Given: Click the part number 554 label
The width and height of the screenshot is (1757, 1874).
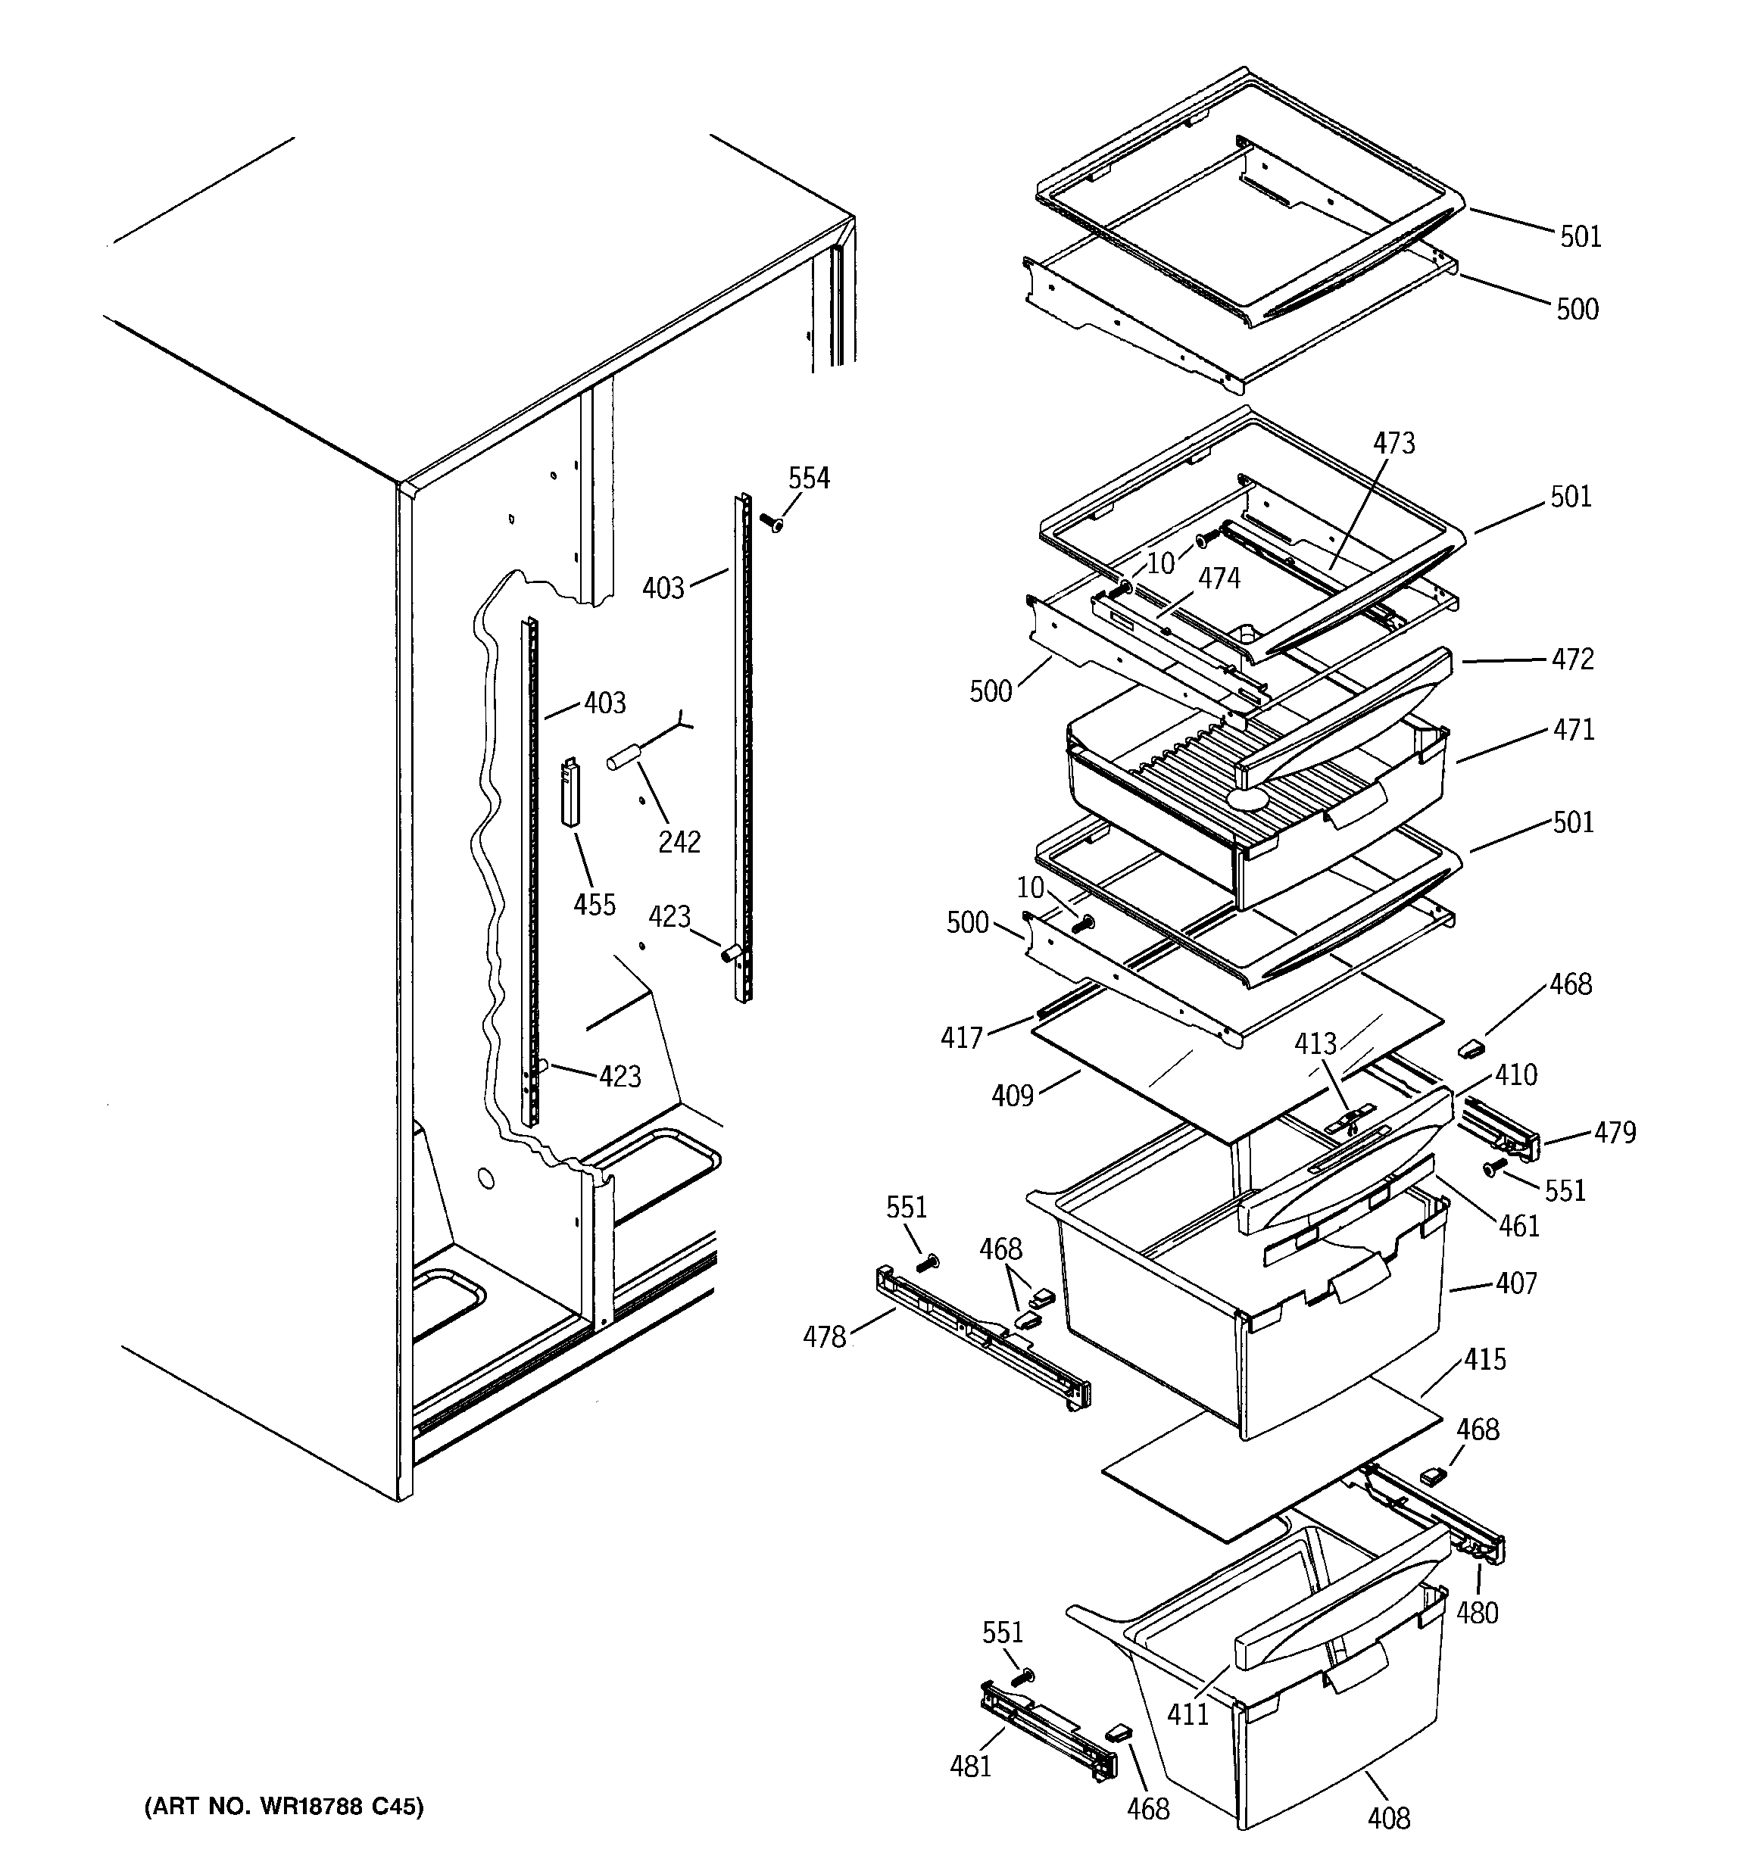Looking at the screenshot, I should coord(808,479).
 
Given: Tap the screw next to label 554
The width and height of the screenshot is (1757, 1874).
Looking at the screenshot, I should coord(770,521).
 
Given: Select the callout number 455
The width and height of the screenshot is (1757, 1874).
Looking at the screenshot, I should coord(595,905).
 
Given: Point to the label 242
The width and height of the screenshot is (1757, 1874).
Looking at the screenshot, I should coord(679,842).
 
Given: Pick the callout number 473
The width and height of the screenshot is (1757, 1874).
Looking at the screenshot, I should coord(1394,443).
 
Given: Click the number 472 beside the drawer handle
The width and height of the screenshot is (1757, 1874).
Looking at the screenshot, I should coord(1573,659).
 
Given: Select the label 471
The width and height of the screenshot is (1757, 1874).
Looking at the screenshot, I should coord(1573,730).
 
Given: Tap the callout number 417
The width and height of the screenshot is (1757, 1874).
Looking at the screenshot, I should coord(962,1038).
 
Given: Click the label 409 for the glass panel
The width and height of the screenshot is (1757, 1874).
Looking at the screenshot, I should coord(1013,1096).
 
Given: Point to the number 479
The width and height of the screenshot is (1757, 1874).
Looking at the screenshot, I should coord(1615,1132).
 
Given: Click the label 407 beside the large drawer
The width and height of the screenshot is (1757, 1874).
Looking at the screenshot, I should coord(1516,1283).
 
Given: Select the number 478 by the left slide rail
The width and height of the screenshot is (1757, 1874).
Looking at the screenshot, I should coord(824,1336).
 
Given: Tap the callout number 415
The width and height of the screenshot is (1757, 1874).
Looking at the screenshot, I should coord(1485,1359).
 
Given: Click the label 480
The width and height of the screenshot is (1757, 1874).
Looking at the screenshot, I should coord(1477,1613).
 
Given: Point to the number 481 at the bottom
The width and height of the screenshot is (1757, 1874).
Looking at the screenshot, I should coord(970,1766).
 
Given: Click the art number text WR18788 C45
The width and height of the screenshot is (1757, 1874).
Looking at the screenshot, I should coord(284,1806).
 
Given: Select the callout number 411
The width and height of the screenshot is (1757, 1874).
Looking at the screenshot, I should coord(1188,1713).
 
